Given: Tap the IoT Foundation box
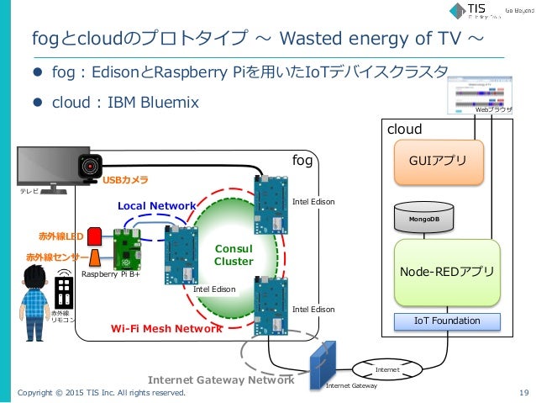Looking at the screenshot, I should [447, 321].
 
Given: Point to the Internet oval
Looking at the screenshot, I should [387, 369].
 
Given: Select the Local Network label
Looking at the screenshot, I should [156, 205].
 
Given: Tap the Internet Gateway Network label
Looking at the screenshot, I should [221, 379].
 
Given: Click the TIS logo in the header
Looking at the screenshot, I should [471, 11].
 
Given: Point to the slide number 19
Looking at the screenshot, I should [523, 392].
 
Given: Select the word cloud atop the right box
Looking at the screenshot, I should [403, 130].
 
